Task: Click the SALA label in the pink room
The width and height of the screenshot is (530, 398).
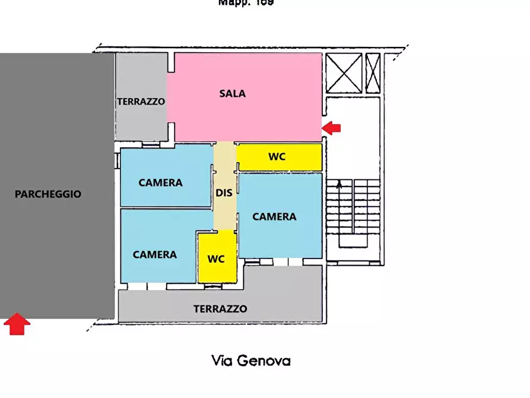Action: [232, 93]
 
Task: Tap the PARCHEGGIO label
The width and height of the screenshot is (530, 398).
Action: [48, 194]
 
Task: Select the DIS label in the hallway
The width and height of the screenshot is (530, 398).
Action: [224, 192]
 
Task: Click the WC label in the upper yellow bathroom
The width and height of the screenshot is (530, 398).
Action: [277, 157]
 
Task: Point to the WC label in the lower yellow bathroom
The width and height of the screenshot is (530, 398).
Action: [216, 259]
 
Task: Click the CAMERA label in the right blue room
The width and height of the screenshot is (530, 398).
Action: [274, 217]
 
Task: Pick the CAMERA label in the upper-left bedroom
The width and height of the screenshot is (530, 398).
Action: [160, 182]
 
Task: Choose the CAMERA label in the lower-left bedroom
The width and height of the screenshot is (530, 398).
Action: [154, 254]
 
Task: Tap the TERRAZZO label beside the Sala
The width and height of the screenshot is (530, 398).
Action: [141, 102]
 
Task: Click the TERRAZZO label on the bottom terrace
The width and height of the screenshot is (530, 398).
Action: [220, 309]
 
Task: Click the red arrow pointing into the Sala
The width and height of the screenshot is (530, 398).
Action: [332, 127]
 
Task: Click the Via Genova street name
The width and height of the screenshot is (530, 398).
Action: [251, 360]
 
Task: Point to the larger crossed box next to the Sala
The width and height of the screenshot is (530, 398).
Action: [344, 73]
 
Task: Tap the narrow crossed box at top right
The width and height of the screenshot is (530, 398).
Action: [373, 73]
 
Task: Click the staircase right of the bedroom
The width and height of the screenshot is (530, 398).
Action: [353, 214]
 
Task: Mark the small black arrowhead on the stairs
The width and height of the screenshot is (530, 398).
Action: [339, 184]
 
